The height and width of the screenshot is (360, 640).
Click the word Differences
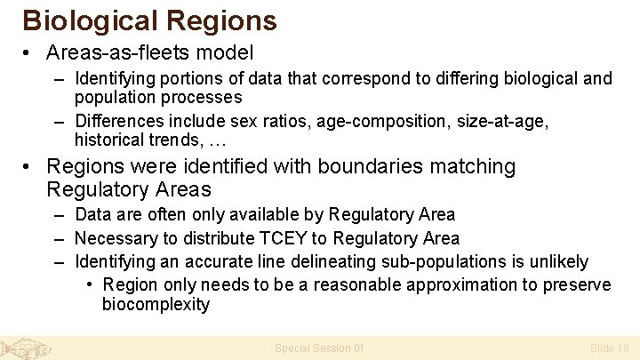[121, 121]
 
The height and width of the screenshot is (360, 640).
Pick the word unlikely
[558, 261]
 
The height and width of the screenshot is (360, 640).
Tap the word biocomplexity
[156, 304]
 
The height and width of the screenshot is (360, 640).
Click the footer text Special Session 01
[319, 348]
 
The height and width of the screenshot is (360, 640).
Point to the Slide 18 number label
[609, 348]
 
